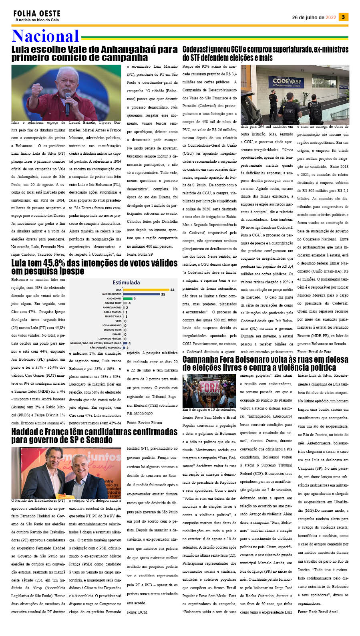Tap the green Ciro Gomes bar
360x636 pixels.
click(x=128, y=299)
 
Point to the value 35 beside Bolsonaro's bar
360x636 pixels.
click(x=163, y=294)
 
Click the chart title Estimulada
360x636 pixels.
click(x=126, y=282)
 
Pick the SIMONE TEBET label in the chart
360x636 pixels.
click(x=113, y=303)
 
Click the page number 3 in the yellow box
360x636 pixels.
click(x=343, y=17)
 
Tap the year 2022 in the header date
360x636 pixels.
click(x=331, y=18)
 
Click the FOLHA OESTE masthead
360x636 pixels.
click(x=37, y=14)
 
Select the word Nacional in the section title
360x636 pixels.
click(x=45, y=36)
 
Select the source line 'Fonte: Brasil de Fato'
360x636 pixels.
click(x=314, y=351)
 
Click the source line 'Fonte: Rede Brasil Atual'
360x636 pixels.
click(x=318, y=612)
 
